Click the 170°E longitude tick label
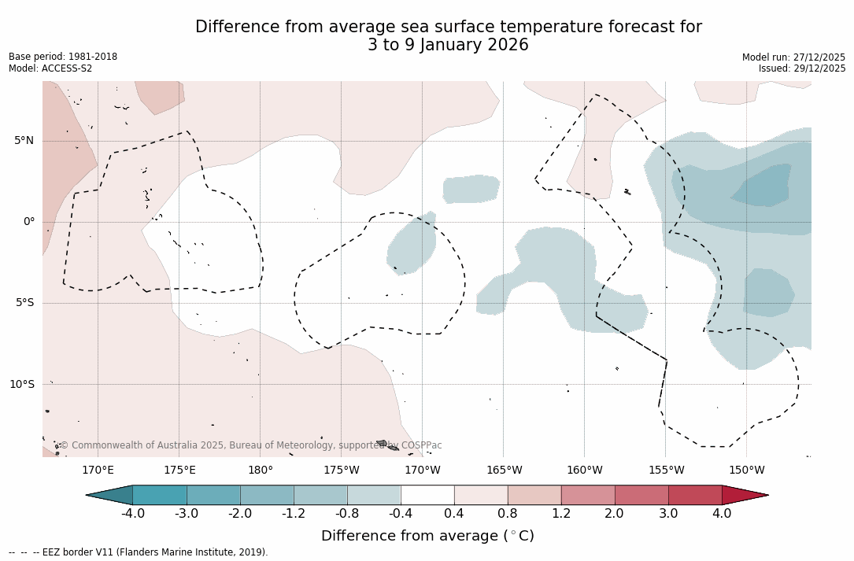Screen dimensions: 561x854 coord(98,471)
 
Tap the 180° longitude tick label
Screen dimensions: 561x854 coord(261,471)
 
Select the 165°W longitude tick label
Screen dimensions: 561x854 coord(504,471)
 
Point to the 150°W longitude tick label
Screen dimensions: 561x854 coord(746,471)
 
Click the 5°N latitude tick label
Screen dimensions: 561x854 coord(24,141)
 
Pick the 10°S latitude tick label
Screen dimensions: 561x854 coord(21,385)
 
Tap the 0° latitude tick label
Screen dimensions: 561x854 coord(29,222)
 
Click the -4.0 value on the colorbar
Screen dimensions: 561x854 coord(133,514)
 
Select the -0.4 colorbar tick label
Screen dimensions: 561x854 coord(401,514)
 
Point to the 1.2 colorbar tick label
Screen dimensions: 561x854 coord(561,514)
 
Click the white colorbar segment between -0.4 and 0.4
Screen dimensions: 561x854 coord(427,495)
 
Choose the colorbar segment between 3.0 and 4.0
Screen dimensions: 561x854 coord(695,495)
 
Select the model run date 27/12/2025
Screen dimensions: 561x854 coord(819,57)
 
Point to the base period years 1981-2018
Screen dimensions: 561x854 coord(91,57)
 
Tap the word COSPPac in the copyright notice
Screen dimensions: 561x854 coord(421,445)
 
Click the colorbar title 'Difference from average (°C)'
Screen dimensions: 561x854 coord(427,536)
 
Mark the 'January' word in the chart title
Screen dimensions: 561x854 coord(452,45)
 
